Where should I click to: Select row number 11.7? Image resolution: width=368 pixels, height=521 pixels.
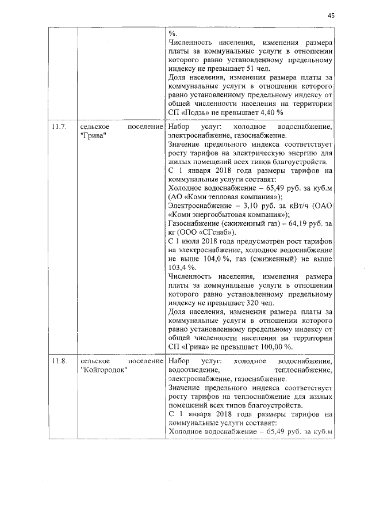coord(59,126)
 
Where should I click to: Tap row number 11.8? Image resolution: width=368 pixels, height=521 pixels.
coord(59,361)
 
